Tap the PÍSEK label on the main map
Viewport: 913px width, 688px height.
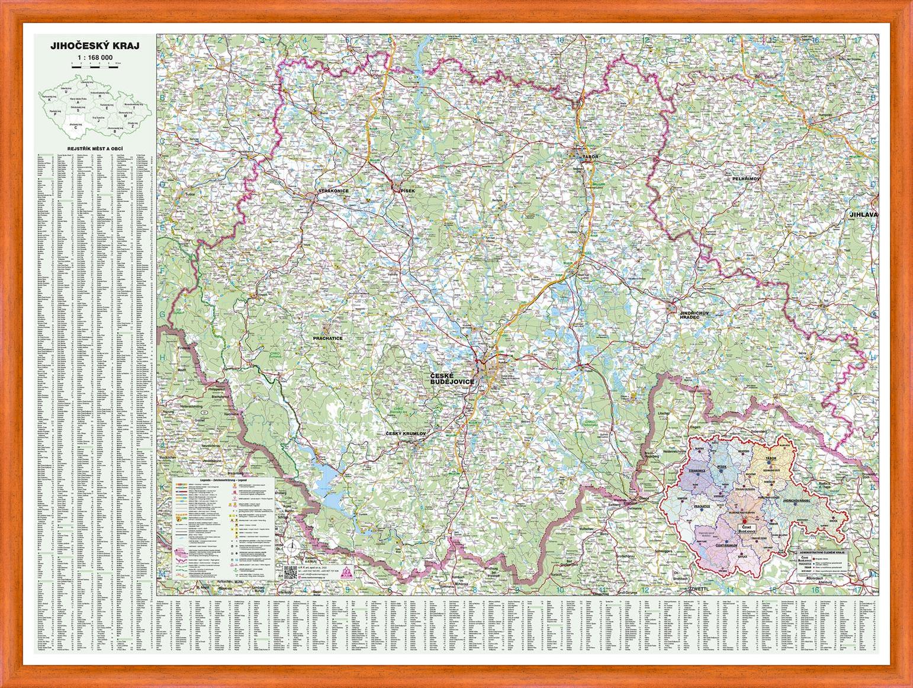click(x=408, y=190)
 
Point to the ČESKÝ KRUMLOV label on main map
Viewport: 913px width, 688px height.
click(x=406, y=434)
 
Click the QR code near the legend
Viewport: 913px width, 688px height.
click(x=290, y=572)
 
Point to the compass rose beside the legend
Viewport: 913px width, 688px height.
click(x=291, y=546)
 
